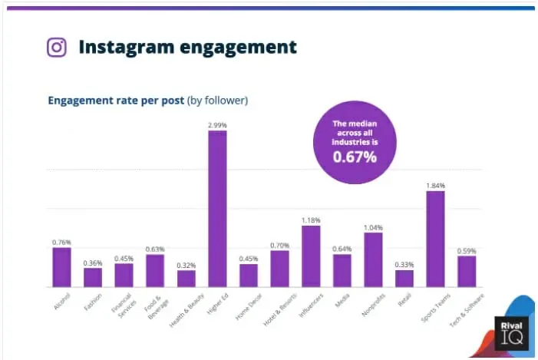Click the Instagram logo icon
click(x=56, y=48)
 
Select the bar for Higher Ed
click(x=217, y=208)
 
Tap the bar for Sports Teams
click(x=435, y=238)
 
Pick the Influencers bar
click(x=311, y=256)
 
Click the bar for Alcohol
click(x=61, y=266)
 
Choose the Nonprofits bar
click(x=373, y=259)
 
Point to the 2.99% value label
click(x=217, y=124)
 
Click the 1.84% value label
click(x=435, y=185)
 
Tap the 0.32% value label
click(x=186, y=265)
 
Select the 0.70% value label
click(x=280, y=245)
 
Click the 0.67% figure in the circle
click(x=354, y=157)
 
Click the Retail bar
click(x=404, y=278)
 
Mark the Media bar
click(x=342, y=270)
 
